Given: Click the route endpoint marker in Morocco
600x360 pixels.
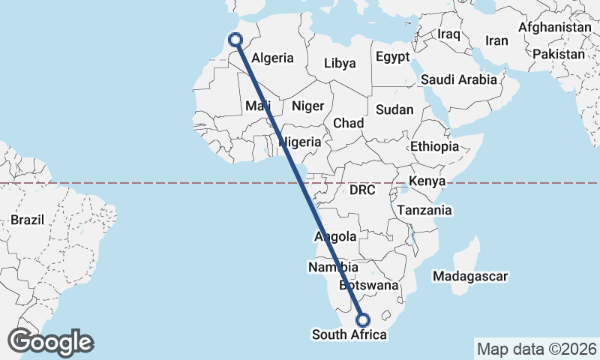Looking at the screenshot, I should pos(235,40).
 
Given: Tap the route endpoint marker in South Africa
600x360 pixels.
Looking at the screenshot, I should pos(364,319).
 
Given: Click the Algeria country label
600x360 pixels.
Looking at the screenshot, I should pos(273,58).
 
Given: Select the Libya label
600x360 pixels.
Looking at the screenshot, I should pos(340,63).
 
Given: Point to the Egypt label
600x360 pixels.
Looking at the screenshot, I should pos(393,57).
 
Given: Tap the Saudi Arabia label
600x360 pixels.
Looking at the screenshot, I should pos(459,79).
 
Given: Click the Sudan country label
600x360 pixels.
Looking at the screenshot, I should pos(394,109).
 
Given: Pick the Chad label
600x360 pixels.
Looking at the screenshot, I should pos(349,123).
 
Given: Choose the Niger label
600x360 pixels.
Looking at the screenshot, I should pos(307,106).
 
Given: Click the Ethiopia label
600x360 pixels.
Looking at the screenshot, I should pos(434,147).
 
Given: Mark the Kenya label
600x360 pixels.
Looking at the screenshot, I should pos(427,181).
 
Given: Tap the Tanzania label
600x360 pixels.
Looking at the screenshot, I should pos(425,210).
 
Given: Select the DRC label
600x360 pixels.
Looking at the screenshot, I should pos(362,190).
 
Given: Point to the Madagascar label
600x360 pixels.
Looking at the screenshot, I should pos(471,276).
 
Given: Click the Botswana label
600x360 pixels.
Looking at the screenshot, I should pos(368,286).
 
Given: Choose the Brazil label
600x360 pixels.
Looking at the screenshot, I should pos(28,220).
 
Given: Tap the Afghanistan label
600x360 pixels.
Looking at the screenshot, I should pos(554,27).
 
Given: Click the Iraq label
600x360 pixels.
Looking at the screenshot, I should pos(448,34).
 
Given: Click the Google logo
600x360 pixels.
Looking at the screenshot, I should pos(51,342).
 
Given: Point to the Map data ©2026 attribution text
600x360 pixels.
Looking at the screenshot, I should pos(536,349).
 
